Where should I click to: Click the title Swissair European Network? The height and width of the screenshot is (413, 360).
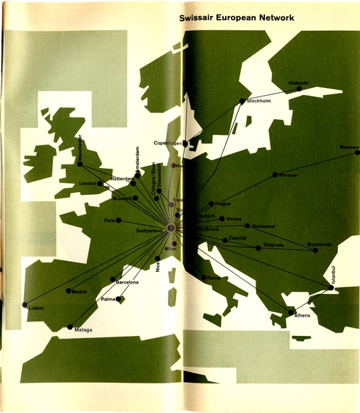point(236,19)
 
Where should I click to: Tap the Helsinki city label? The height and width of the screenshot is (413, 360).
point(299,83)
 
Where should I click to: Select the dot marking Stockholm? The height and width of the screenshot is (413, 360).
point(242,101)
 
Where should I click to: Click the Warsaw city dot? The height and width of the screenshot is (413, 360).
point(275,175)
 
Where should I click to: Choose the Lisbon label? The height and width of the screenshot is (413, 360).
point(36,308)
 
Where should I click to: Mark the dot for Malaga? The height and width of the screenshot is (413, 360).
point(70,327)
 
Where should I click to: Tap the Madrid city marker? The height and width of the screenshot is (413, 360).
point(69,290)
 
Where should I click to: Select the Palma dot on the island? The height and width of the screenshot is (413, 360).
point(119,299)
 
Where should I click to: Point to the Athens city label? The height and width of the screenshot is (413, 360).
point(302,316)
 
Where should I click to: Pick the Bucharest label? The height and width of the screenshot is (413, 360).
point(320,244)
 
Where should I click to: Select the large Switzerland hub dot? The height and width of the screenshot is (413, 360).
point(171,229)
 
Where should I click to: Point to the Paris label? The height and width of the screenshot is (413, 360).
point(109,220)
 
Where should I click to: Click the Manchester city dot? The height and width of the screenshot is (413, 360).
point(80,164)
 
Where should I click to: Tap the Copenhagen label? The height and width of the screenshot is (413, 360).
point(167,143)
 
